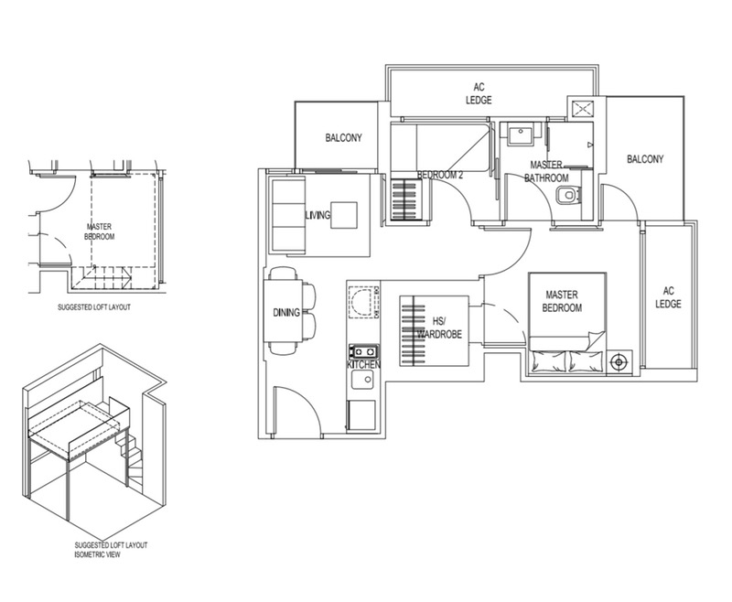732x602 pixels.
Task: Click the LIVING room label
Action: [317, 214]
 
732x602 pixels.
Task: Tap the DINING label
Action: [286, 313]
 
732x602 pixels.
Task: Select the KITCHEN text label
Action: [362, 365]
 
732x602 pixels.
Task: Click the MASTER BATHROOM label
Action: [546, 171]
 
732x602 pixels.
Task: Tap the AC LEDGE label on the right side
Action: [668, 297]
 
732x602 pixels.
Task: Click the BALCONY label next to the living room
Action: [344, 138]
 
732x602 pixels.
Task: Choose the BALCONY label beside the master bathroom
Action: [645, 159]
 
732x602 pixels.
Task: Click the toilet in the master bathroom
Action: [573, 194]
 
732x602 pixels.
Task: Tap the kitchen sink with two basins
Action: [362, 350]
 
